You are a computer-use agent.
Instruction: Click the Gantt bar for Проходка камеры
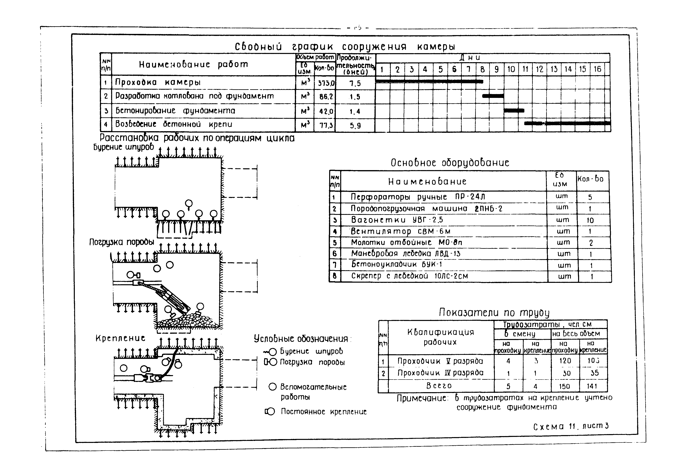pyautogui.click(x=429, y=81)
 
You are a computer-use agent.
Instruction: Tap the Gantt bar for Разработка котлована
pyautogui.click(x=493, y=96)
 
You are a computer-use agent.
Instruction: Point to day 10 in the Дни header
pyautogui.click(x=511, y=69)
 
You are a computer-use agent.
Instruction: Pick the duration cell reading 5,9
pyautogui.click(x=355, y=126)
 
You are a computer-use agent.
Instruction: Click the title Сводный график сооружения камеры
pyautogui.click(x=344, y=47)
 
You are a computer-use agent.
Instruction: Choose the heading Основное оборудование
pyautogui.click(x=450, y=163)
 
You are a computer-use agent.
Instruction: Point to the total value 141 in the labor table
pyautogui.click(x=592, y=386)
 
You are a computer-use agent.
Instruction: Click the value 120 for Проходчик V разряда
pyautogui.click(x=565, y=361)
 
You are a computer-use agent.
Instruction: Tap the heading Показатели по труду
pyautogui.click(x=494, y=313)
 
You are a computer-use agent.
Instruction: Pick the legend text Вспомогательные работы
pyautogui.click(x=313, y=391)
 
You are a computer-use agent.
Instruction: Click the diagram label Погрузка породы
pyautogui.click(x=122, y=242)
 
